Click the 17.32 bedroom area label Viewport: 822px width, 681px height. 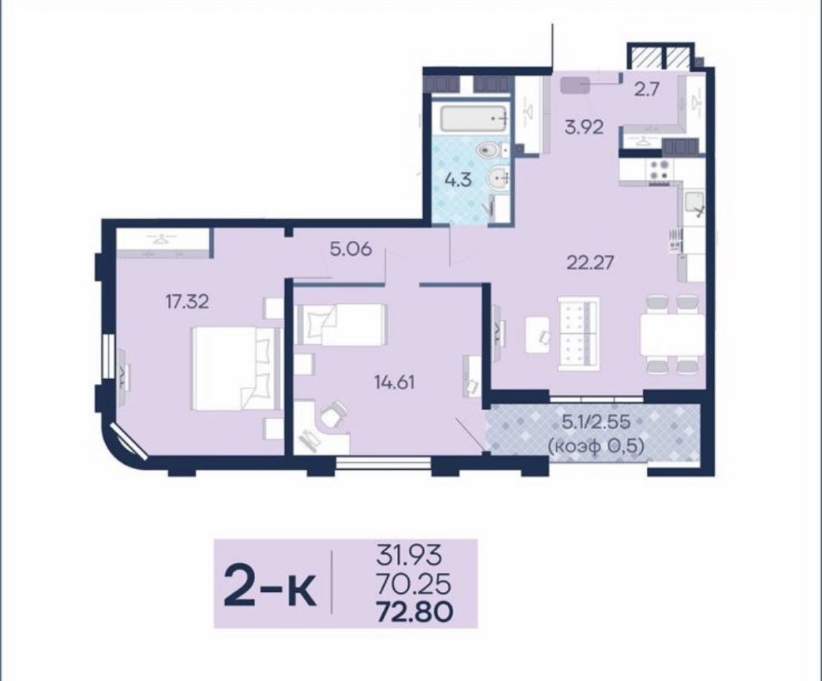click(187, 302)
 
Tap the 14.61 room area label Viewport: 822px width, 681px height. click(394, 383)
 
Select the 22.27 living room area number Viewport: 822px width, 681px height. click(589, 262)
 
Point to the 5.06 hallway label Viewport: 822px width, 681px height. click(351, 249)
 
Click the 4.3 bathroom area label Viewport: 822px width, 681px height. click(458, 180)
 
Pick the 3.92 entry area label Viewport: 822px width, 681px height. click(583, 127)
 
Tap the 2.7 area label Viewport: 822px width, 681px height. click(646, 90)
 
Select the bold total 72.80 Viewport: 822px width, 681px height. click(415, 611)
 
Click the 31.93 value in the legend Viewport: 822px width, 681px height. click(409, 555)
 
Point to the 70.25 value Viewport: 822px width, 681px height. click(413, 583)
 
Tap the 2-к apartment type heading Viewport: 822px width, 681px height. click(270, 584)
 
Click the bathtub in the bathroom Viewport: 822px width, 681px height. click(474, 119)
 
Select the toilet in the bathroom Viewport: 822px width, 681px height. click(491, 151)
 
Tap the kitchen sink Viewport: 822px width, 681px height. click(693, 204)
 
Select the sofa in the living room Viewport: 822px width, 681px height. click(578, 333)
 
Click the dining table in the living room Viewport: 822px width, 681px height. click(672, 336)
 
